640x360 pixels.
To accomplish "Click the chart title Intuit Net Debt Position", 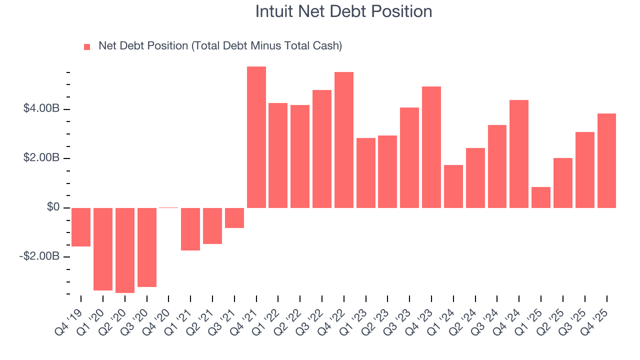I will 343,11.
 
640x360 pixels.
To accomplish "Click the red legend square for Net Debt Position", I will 87,46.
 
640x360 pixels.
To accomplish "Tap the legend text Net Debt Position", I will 220,46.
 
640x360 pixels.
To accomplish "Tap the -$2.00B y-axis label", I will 39,256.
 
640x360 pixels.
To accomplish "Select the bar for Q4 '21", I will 256,137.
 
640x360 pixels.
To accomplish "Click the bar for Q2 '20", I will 125,250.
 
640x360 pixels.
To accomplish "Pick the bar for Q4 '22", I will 344,140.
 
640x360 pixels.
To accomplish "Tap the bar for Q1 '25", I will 541,197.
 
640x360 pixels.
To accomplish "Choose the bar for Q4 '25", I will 606,160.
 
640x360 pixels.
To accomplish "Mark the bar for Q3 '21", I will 234,217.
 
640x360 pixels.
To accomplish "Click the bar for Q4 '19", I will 81,227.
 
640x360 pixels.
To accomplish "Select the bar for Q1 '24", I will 453,186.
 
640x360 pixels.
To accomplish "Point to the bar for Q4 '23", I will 431,147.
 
